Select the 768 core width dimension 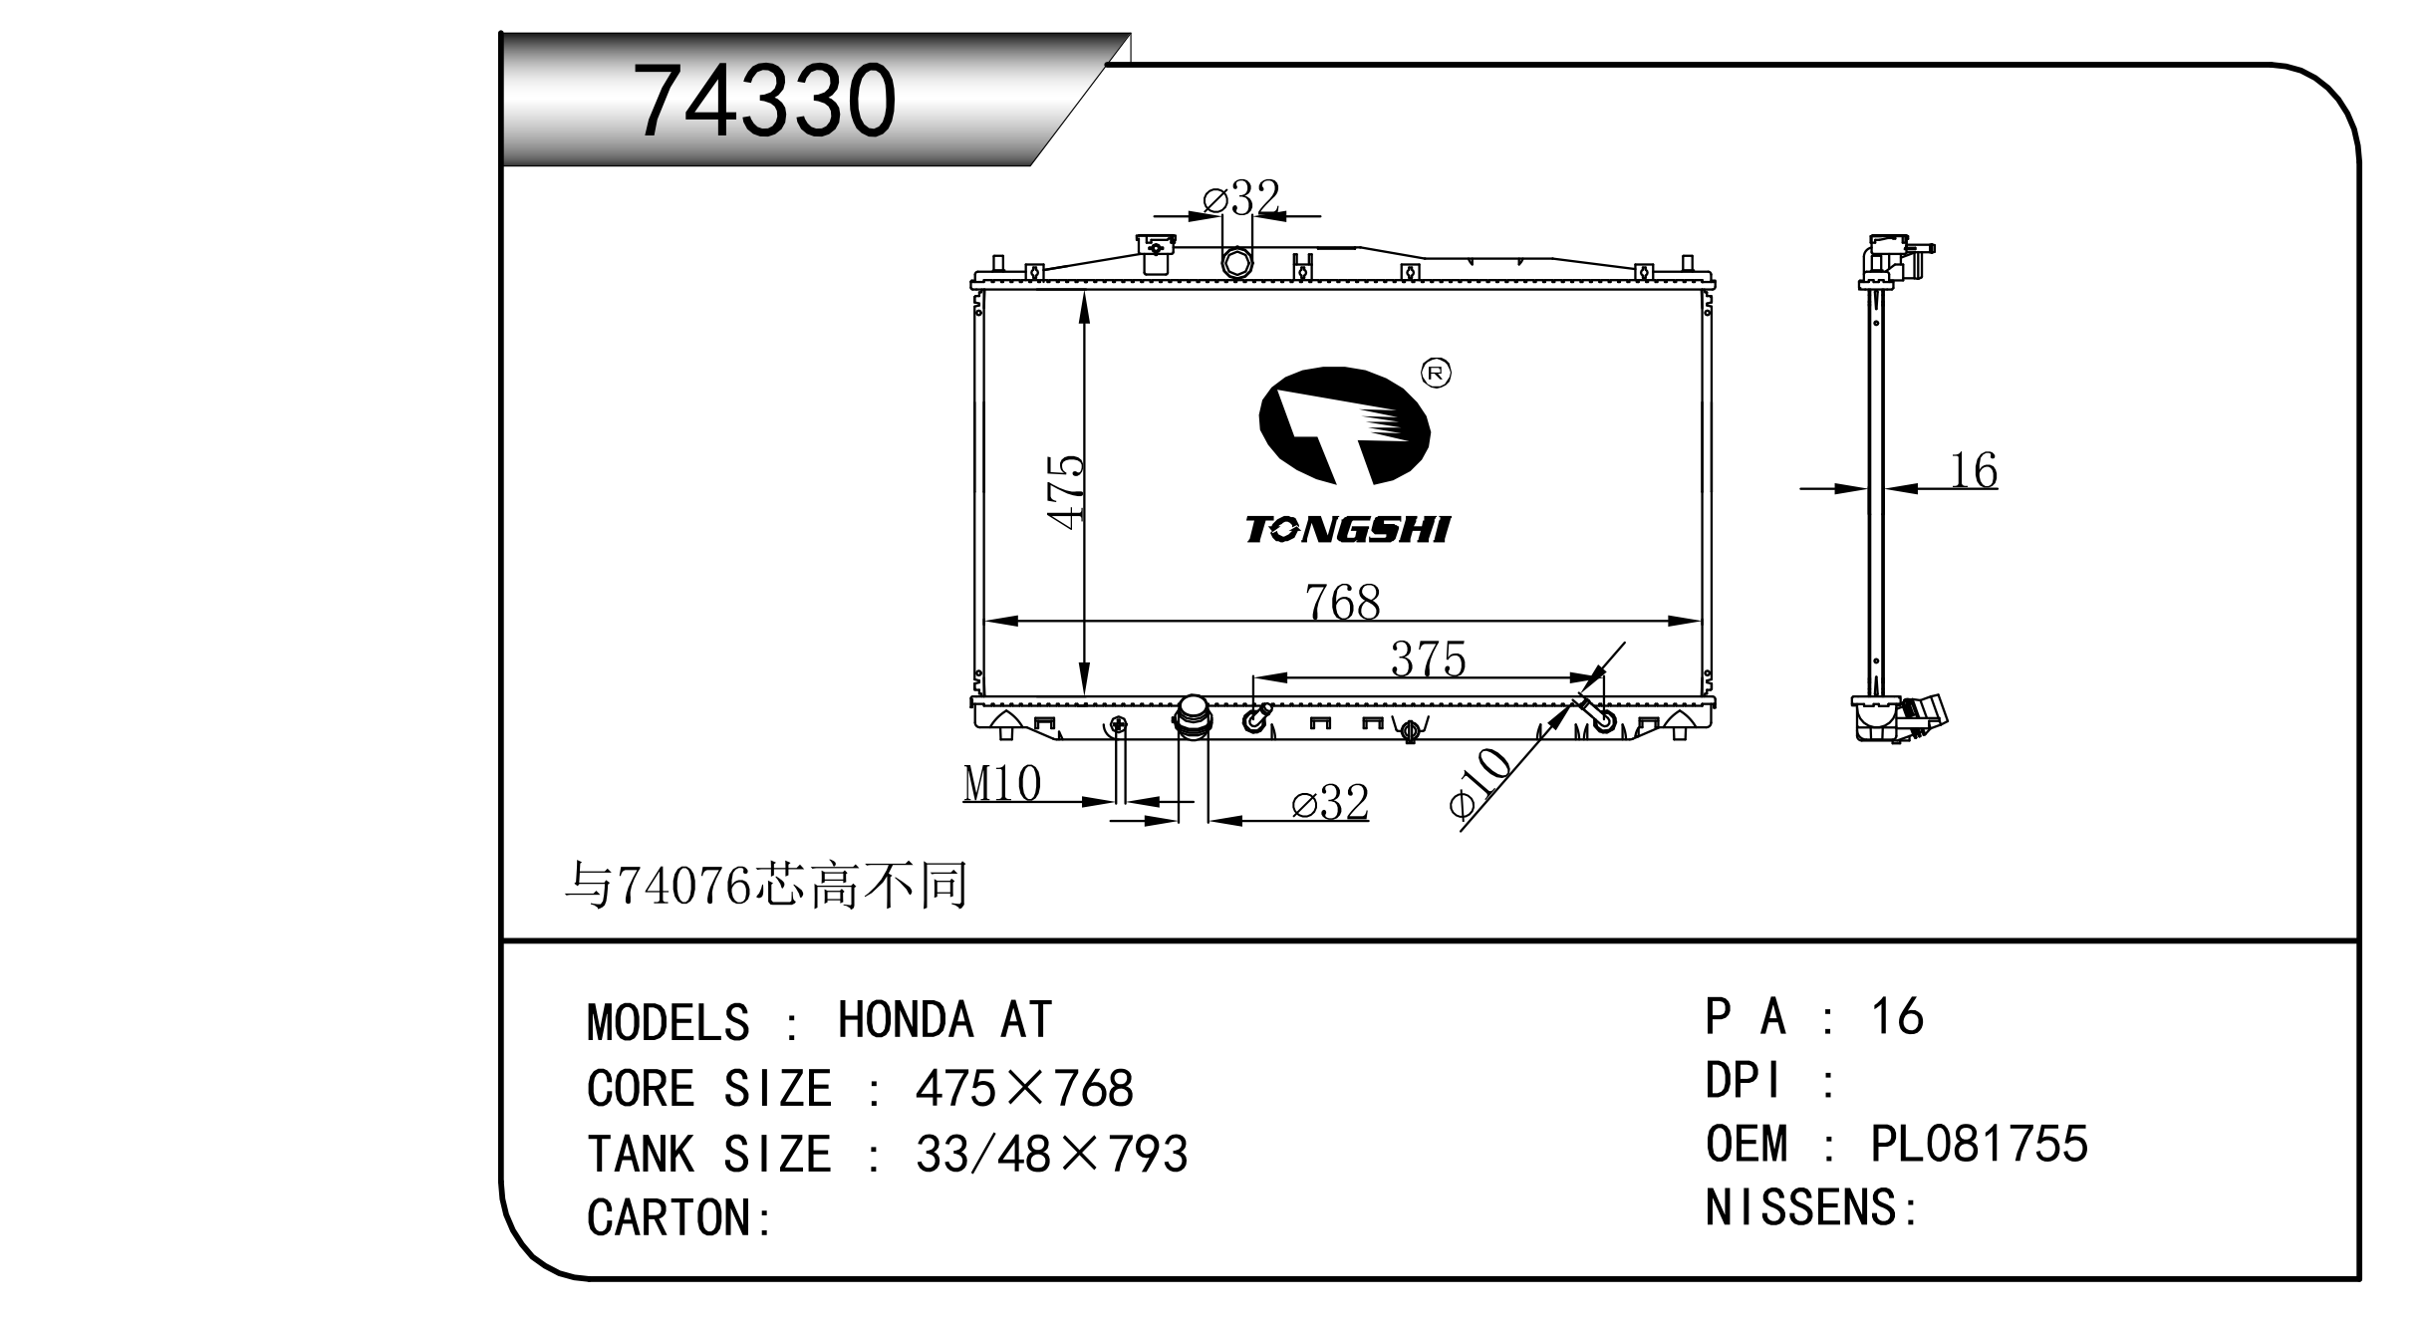pyautogui.click(x=1343, y=602)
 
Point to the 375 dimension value pyautogui.click(x=1429, y=659)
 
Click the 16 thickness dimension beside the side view pyautogui.click(x=1974, y=470)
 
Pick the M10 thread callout pyautogui.click(x=1002, y=783)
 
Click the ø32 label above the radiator pyautogui.click(x=1241, y=198)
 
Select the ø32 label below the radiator pyautogui.click(x=1330, y=802)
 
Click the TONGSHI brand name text pyautogui.click(x=1348, y=530)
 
